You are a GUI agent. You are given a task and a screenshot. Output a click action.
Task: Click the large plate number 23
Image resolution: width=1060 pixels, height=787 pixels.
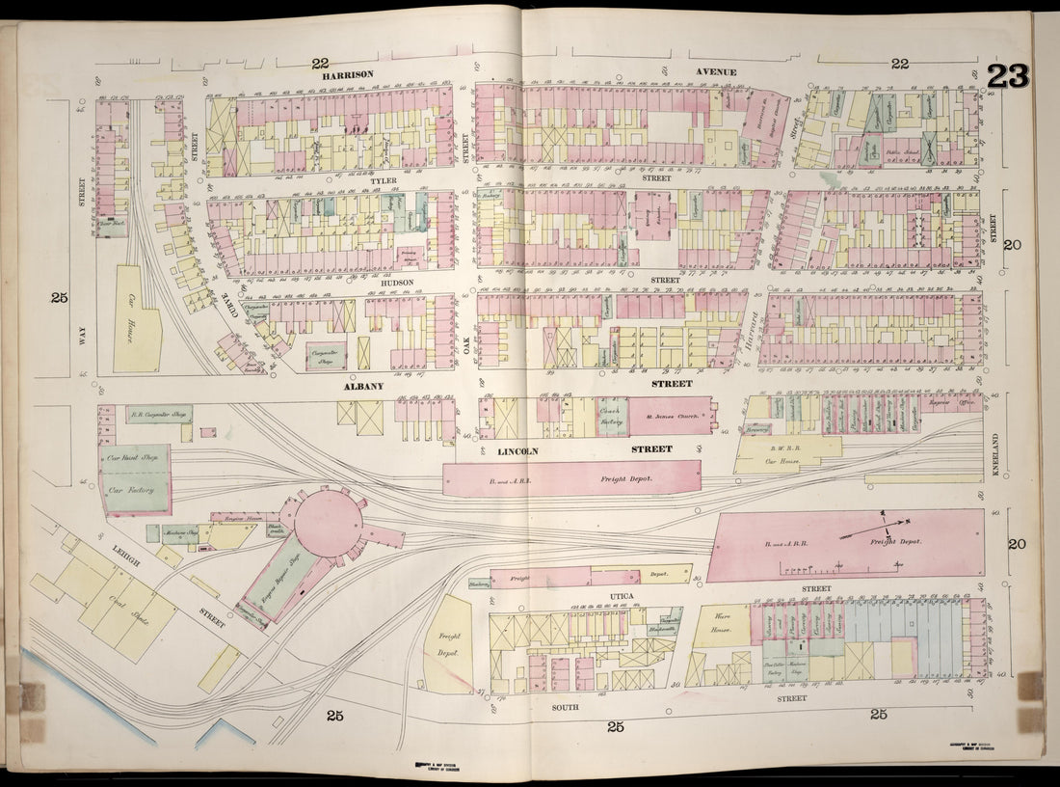pos(1008,76)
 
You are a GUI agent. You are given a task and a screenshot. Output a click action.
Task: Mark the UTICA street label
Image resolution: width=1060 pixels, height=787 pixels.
pos(622,596)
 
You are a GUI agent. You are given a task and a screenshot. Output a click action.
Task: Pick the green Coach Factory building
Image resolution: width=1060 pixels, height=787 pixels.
pos(611,416)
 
